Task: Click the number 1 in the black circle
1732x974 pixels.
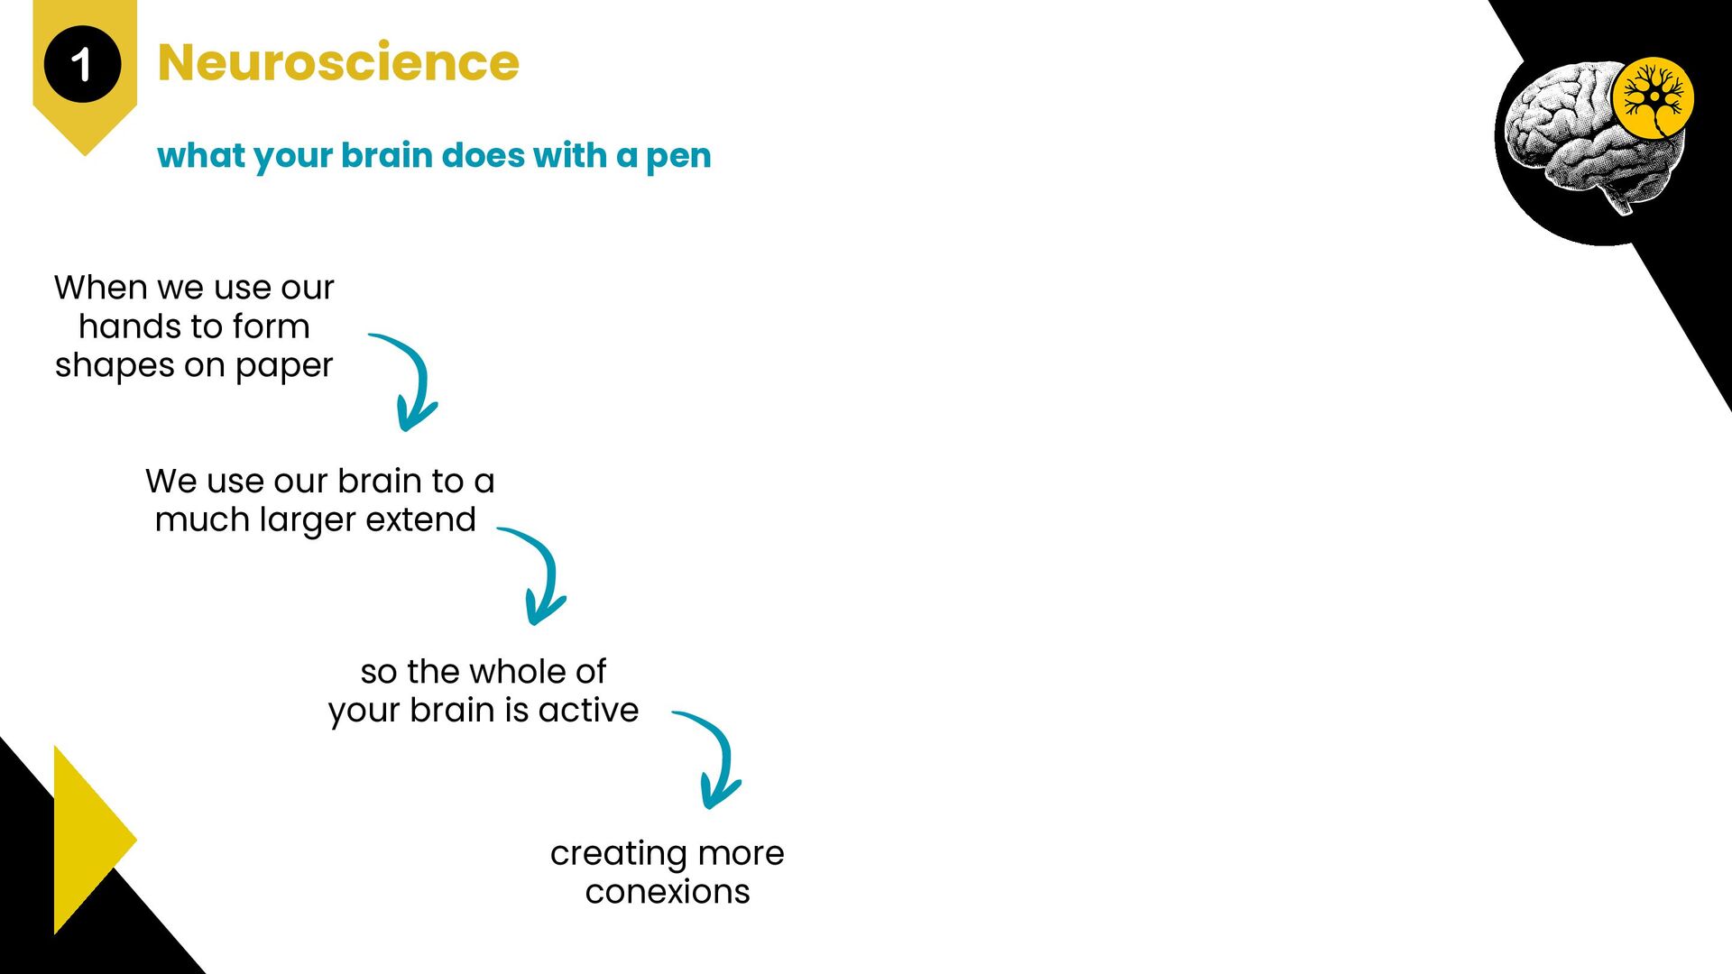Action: [x=81, y=65]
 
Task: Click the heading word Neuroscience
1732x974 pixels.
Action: [x=338, y=62]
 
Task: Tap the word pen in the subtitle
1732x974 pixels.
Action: [x=678, y=157]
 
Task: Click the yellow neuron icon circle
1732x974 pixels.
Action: [x=1653, y=98]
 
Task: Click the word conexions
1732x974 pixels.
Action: [x=668, y=892]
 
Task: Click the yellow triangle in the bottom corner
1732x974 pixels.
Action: [x=86, y=839]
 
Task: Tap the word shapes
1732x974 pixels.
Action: [x=115, y=366]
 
